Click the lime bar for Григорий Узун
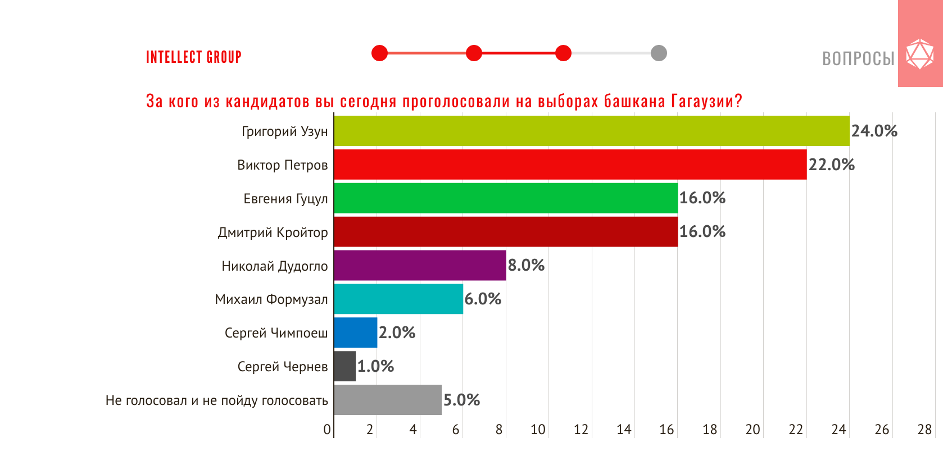click(591, 131)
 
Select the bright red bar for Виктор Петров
click(570, 165)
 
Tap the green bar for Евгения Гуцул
click(506, 198)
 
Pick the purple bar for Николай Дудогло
click(420, 265)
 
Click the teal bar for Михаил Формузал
click(398, 299)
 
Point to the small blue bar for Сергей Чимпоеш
click(356, 332)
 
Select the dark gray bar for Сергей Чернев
click(345, 366)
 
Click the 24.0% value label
click(874, 131)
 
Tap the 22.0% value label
click(831, 165)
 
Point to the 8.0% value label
click(526, 265)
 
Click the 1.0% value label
click(375, 366)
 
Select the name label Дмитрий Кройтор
click(273, 233)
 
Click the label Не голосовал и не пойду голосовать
click(216, 400)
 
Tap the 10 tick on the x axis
click(538, 430)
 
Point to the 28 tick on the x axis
click(924, 430)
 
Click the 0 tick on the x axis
click(327, 430)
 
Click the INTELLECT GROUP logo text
click(194, 57)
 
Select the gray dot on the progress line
click(659, 53)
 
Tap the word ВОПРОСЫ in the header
click(858, 58)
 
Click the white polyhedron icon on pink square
click(920, 54)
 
